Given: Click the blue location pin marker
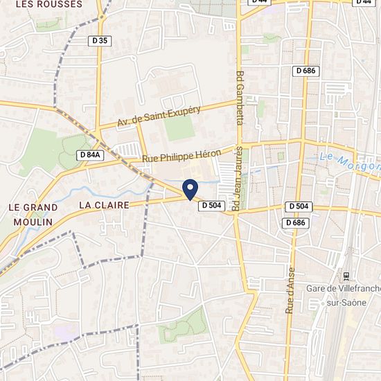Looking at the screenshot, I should click(190, 188).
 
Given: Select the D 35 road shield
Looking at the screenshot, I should click(100, 41).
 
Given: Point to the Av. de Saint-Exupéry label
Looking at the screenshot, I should click(159, 116).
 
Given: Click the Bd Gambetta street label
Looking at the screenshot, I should click(240, 97).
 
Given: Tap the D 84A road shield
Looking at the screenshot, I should click(91, 155).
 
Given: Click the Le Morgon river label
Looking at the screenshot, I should click(350, 162).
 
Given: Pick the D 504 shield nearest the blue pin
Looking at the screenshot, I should click(211, 206).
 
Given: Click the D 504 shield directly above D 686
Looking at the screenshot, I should click(299, 206).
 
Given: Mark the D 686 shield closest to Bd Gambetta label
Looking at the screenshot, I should click(305, 71).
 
